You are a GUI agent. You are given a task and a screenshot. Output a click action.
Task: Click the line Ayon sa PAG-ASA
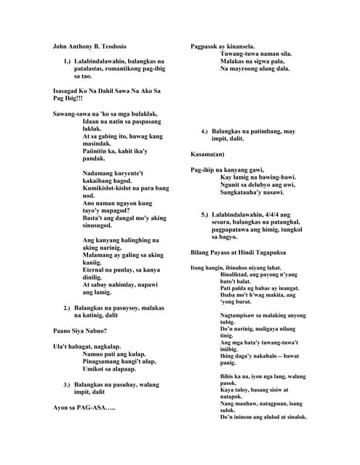coord(84,408)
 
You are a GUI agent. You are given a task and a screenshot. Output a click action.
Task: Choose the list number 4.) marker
coord(204,132)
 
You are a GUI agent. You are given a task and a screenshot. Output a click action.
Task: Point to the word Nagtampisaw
coord(238,316)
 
